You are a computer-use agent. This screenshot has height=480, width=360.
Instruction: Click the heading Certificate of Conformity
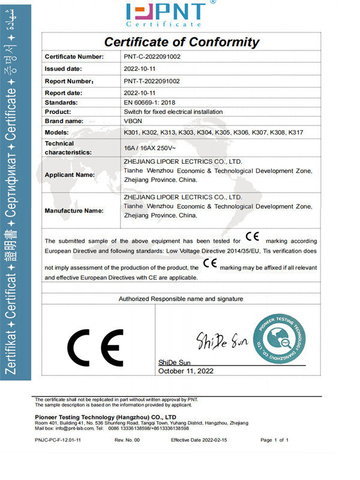pos(181,42)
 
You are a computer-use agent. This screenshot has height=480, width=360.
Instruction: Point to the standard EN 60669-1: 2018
pos(150,102)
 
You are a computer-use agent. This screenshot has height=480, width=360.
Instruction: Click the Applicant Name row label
pos(70,175)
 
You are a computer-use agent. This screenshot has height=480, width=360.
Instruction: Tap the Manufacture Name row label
pos(74,211)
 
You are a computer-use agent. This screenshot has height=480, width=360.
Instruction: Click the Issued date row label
pos(62,69)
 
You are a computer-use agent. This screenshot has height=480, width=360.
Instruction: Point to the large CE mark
pos(95,349)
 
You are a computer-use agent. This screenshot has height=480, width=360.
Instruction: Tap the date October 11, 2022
pos(186,371)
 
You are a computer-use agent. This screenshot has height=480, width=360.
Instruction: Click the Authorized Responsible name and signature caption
pos(181,298)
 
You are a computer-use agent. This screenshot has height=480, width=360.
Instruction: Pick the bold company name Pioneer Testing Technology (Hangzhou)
pos(106,416)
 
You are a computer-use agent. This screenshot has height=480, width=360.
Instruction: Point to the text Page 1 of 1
pos(275,440)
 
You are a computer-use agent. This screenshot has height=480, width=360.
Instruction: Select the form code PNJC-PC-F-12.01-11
pos(58,440)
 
